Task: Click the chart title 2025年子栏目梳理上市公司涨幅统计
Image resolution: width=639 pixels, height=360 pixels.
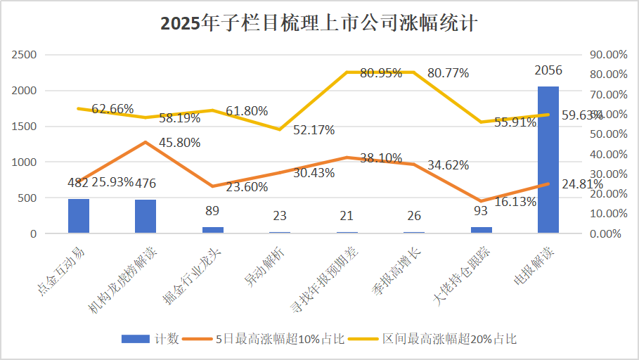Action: coord(319,23)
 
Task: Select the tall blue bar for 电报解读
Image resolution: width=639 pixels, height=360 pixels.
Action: coord(548,160)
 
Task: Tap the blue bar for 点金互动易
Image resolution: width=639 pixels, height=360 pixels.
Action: coord(79,216)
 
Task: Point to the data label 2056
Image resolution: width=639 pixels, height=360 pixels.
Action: coord(548,70)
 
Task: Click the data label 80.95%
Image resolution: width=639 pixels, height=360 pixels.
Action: coord(380,72)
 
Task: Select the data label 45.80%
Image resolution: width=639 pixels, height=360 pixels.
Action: coord(179,142)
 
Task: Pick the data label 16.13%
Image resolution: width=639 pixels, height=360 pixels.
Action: coord(515,202)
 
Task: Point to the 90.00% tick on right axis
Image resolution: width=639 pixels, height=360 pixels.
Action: coord(608,55)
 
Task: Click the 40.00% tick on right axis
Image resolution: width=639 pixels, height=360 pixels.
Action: coord(608,154)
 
